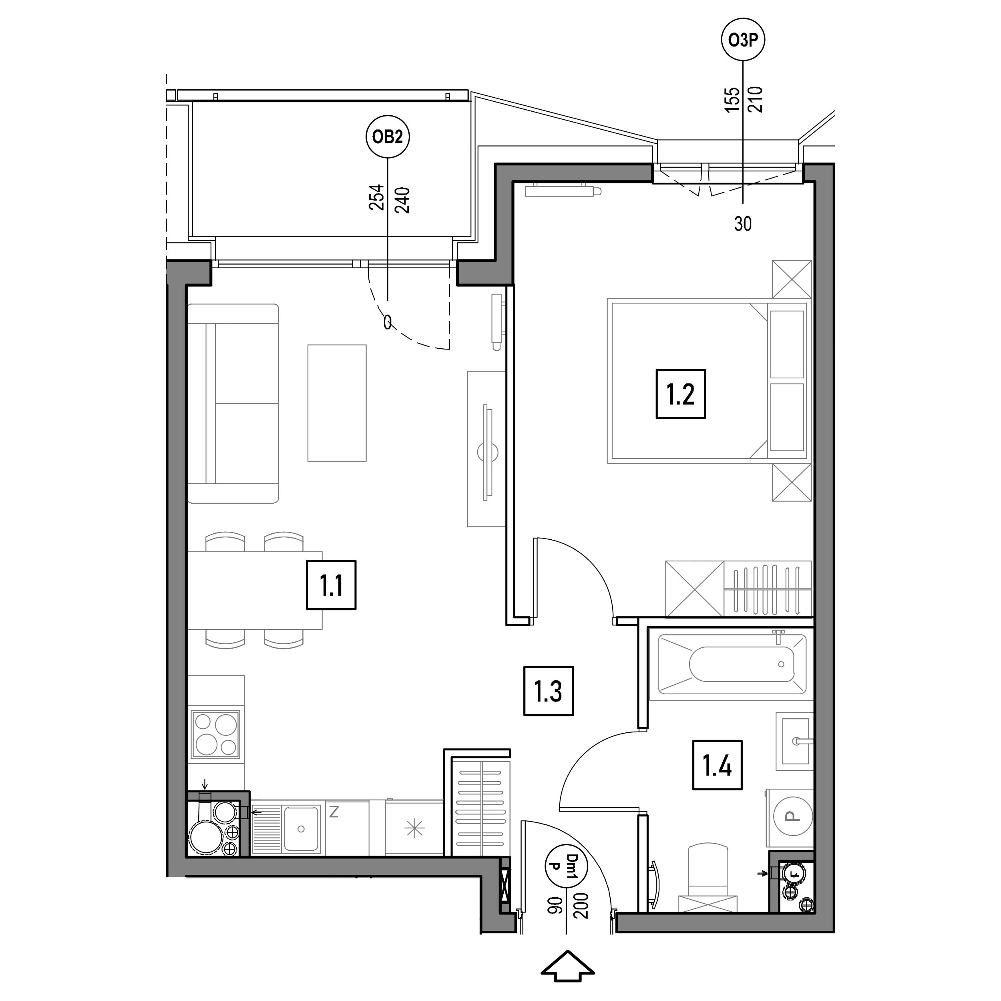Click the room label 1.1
tap(331, 585)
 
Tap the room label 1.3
tap(548, 691)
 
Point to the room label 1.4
tap(718, 765)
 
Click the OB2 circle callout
tap(388, 137)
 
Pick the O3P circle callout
tap(744, 40)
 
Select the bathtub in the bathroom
tap(732, 665)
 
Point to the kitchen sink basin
tap(301, 829)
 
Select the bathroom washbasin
tap(795, 741)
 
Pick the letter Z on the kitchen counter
tap(334, 812)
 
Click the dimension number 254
tap(377, 197)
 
